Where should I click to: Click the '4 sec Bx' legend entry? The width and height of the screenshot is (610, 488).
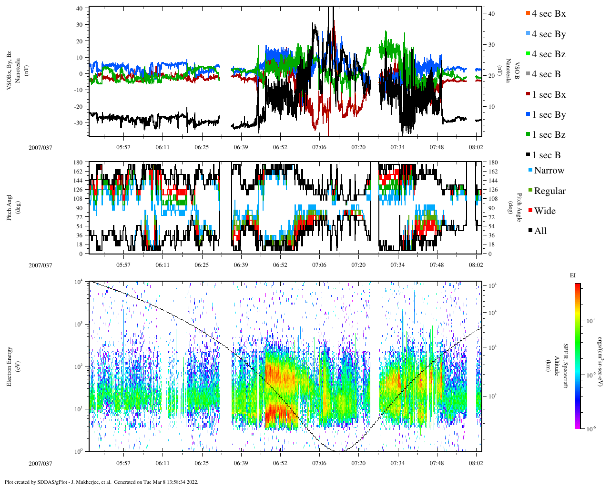548,14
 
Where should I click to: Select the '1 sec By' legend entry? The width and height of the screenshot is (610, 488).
548,115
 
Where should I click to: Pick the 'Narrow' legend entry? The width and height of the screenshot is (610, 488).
549,171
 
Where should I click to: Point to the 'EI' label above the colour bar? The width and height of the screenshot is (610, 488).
573,275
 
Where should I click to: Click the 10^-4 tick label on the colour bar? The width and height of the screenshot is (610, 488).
591,321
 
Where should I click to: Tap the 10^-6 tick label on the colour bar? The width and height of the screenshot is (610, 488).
591,429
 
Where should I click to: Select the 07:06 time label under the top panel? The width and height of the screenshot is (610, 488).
319,147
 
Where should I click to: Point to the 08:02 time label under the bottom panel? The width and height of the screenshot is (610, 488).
476,463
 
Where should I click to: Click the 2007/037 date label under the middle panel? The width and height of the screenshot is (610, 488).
41,265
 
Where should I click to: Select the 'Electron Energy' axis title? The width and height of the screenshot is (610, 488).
10,366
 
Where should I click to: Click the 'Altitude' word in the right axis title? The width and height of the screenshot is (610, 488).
556,366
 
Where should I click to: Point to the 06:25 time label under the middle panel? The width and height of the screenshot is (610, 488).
202,265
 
